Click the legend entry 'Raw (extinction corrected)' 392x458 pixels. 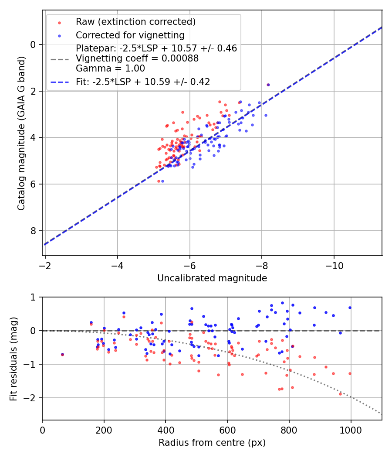pyautogui.click(x=135, y=22)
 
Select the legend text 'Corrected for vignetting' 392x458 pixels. pyautogui.click(x=130, y=35)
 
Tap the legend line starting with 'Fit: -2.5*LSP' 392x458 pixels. pyautogui.click(x=143, y=82)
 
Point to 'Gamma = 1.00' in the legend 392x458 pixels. pyautogui.click(x=110, y=68)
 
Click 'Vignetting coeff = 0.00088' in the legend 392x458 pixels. pyautogui.click(x=137, y=58)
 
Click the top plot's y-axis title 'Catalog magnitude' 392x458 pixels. pyautogui.click(x=21, y=133)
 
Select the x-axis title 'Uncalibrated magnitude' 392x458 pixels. pyautogui.click(x=212, y=278)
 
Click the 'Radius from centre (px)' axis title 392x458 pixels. pyautogui.click(x=212, y=443)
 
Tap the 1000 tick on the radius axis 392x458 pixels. pyautogui.click(x=351, y=429)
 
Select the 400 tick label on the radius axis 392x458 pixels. pyautogui.click(x=166, y=429)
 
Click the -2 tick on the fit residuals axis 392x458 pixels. pyautogui.click(x=32, y=398)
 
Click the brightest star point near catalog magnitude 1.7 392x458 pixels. pyautogui.click(x=268, y=85)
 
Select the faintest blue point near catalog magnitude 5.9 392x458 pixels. pyautogui.click(x=162, y=181)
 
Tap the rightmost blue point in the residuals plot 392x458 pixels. pyautogui.click(x=350, y=308)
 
